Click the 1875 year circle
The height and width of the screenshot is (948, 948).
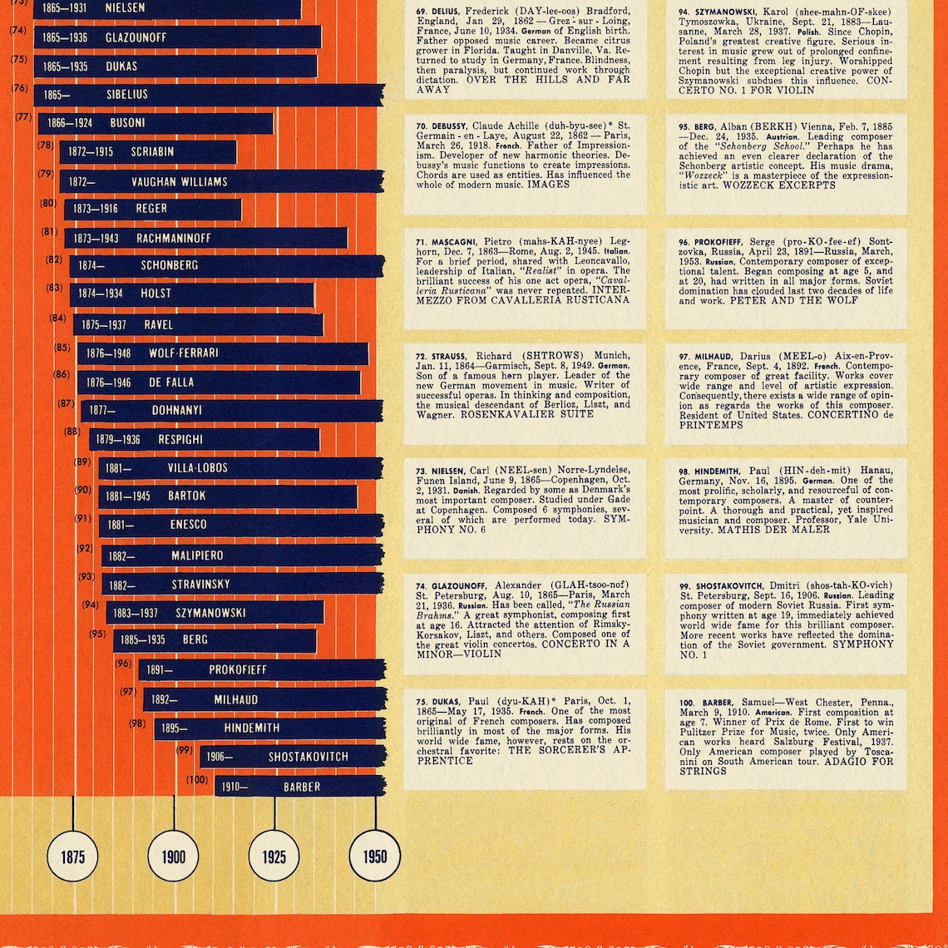(72, 857)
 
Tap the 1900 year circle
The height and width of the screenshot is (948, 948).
(174, 857)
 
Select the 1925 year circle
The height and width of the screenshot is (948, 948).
(274, 857)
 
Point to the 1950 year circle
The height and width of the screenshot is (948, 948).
(374, 857)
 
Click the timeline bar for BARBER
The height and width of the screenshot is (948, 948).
(300, 786)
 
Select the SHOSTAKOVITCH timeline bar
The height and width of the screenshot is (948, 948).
(292, 756)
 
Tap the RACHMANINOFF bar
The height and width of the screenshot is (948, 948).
(205, 238)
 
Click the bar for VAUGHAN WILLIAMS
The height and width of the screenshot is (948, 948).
(221, 181)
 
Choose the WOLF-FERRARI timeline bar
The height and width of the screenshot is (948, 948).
(222, 353)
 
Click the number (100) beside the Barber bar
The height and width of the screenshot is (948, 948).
(197, 780)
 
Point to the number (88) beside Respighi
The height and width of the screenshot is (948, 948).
(72, 432)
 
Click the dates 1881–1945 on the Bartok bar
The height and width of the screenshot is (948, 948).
(128, 496)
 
